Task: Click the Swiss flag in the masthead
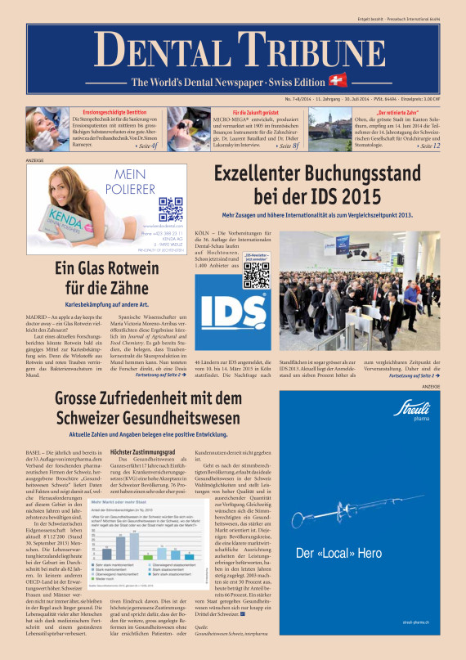[x=336, y=81]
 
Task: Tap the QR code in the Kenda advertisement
[x=171, y=209]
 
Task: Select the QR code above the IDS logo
[x=234, y=275]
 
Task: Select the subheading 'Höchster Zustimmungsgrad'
[x=143, y=451]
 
